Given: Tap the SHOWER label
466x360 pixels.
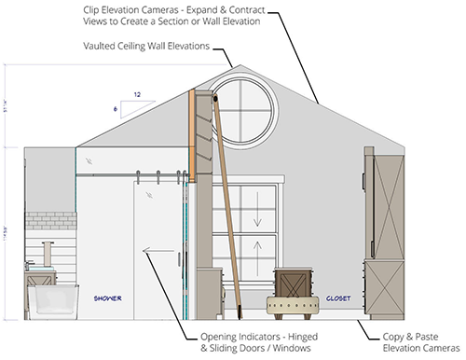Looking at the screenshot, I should (105, 298).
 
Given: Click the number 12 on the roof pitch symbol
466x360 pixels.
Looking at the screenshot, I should (138, 93).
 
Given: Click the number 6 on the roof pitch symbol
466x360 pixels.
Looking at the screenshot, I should (115, 107).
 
